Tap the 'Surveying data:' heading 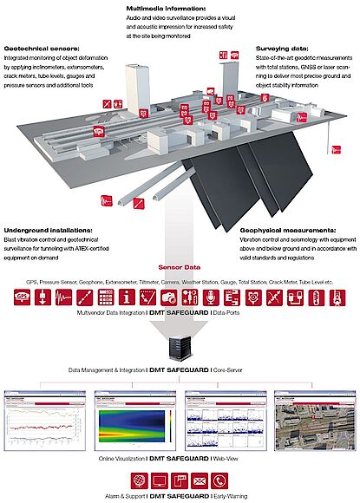pyautogui.click(x=283, y=49)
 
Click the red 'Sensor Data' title pyautogui.click(x=179, y=269)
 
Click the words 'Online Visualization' pyautogui.click(x=124, y=456)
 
